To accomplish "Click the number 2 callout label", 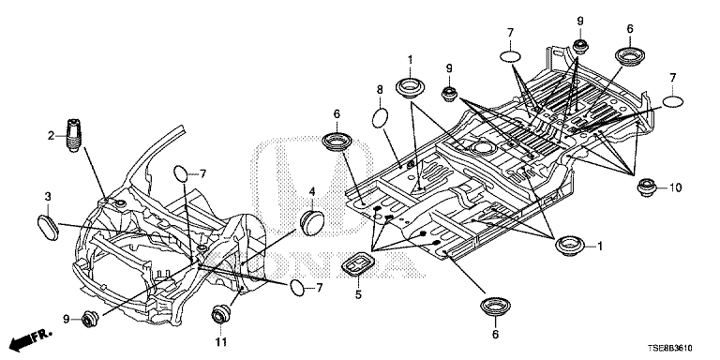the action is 51,135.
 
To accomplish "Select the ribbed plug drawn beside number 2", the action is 74,135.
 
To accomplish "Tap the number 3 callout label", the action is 47,197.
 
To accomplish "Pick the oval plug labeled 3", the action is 48,227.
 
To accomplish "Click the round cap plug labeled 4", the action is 312,223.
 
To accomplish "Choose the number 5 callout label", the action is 358,294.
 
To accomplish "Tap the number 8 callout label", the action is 380,90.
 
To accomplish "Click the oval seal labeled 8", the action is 381,118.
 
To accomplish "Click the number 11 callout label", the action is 221,342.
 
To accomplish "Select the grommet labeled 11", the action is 221,315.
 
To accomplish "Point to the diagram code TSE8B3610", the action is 671,348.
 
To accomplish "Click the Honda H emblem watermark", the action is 315,184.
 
